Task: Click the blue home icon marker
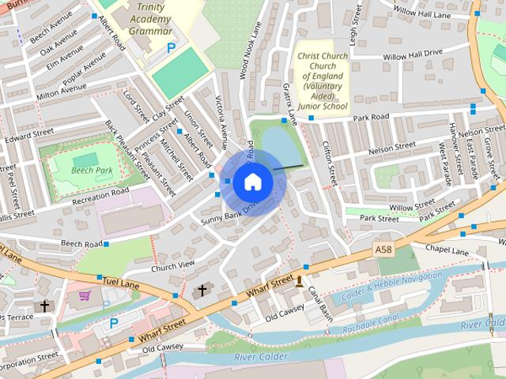pyautogui.click(x=252, y=182)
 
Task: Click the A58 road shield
pyautogui.click(x=383, y=250)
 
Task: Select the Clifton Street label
pyautogui.click(x=327, y=159)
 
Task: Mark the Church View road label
pyautogui.click(x=172, y=266)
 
